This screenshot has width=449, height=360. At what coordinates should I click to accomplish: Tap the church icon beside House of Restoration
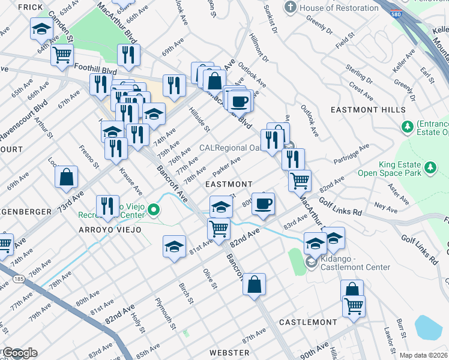coord(291,7)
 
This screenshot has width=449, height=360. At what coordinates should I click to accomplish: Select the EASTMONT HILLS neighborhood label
coord(364,110)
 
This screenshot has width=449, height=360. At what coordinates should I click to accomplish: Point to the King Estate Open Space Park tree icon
coord(430,167)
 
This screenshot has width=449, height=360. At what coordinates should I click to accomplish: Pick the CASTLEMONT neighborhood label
coord(308,322)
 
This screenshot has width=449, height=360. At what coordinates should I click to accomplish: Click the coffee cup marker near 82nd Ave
coord(262,204)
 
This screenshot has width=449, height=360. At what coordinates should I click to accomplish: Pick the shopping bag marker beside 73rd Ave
coord(66,176)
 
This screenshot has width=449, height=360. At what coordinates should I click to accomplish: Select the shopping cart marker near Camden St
coord(62,55)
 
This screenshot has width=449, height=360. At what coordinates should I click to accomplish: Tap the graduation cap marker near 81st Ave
coord(174,246)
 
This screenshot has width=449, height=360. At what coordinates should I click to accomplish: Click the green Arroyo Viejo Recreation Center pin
coord(154,210)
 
